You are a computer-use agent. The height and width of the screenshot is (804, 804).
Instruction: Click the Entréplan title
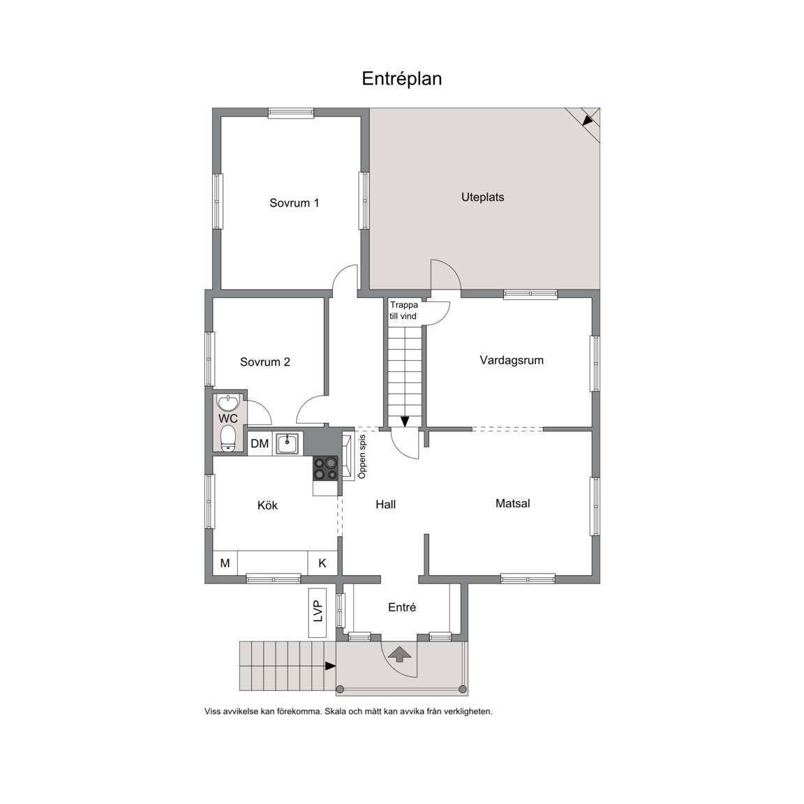tap(401, 79)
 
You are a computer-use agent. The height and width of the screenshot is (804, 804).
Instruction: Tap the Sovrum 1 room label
tap(295, 203)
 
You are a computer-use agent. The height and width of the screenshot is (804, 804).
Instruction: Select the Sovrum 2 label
tap(265, 362)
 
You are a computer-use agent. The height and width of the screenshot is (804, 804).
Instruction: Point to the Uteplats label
tap(482, 198)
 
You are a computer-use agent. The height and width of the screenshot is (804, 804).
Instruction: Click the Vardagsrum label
tap(511, 360)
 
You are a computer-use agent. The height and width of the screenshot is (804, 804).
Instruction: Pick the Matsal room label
tap(513, 503)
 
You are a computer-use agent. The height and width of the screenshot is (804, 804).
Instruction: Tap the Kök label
tap(267, 505)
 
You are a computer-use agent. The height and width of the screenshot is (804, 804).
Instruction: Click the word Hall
tap(385, 505)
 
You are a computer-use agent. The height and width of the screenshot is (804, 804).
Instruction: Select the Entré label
tap(402, 608)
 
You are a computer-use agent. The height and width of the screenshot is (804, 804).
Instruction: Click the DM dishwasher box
tap(260, 444)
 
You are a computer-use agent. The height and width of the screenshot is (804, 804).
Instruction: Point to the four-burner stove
tap(326, 469)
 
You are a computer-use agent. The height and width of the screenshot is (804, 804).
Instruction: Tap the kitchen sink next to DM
tap(288, 444)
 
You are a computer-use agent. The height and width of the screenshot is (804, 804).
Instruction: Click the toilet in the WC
tap(228, 440)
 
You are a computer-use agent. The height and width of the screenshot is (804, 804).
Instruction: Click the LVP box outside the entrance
tap(318, 612)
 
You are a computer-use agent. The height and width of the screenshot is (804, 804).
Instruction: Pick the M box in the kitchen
tap(225, 563)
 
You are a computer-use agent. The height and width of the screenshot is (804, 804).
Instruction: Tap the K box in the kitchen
tap(322, 563)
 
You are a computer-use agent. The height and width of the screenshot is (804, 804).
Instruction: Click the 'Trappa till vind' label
tap(403, 310)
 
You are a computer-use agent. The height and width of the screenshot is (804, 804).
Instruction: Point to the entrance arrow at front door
tap(400, 654)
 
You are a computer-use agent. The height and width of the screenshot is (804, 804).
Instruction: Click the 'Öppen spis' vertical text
tap(362, 457)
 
